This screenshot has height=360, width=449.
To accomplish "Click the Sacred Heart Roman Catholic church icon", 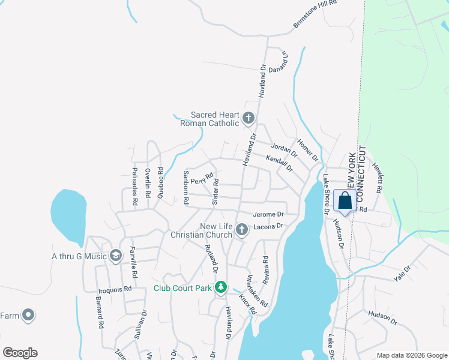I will (249, 118).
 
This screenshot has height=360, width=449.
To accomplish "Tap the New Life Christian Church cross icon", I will (241, 230).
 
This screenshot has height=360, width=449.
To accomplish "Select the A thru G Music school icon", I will (115, 256).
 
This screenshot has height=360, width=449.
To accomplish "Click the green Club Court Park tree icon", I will (221, 288).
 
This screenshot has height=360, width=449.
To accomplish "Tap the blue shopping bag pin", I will (345, 202).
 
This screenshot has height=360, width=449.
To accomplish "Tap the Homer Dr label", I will (307, 151).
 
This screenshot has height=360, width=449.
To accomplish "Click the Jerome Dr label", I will (268, 214).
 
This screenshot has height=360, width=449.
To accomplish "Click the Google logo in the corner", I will (20, 353).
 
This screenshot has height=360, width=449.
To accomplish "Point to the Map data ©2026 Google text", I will (411, 355).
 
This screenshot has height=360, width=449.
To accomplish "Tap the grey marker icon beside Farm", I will (28, 315).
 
